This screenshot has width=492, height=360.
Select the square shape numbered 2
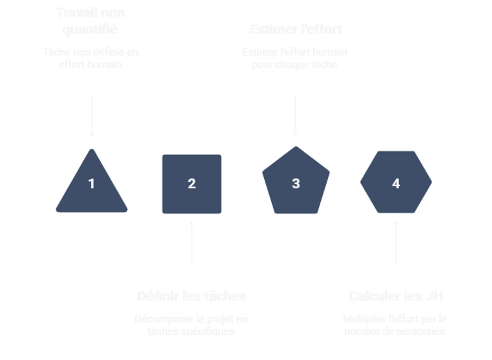[x=191, y=184]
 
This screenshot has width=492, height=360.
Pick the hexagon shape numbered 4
[x=396, y=183]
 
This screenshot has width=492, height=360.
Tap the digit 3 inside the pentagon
[x=296, y=184]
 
